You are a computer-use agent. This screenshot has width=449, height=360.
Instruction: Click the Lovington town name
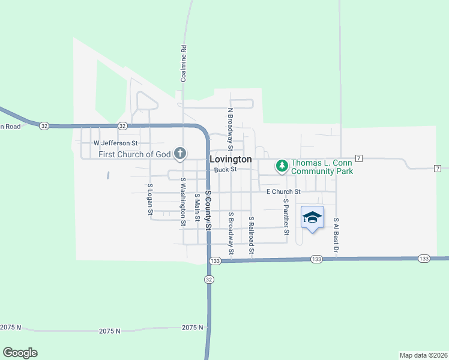tap(231, 160)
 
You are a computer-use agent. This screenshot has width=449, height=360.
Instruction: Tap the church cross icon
tap(179, 154)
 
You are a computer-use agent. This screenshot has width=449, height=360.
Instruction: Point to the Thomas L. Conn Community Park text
tap(322, 167)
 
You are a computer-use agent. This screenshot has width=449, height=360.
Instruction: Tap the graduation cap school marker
tap(312, 217)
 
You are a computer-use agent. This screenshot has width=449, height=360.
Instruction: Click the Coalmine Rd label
tap(184, 64)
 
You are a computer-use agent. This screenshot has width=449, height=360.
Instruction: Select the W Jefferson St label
tap(115, 143)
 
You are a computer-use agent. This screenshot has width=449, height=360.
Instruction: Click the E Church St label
tap(283, 191)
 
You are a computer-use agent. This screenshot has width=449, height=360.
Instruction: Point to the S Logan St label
tap(150, 200)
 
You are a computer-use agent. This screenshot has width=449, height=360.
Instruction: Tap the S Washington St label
tap(182, 202)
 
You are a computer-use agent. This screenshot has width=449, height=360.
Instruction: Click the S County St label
tap(208, 210)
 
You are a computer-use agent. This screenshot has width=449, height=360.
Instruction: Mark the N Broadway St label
tap(230, 128)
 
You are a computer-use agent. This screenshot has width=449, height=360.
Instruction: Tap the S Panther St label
tap(286, 217)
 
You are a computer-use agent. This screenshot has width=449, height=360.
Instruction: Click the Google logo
tap(20, 353)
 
